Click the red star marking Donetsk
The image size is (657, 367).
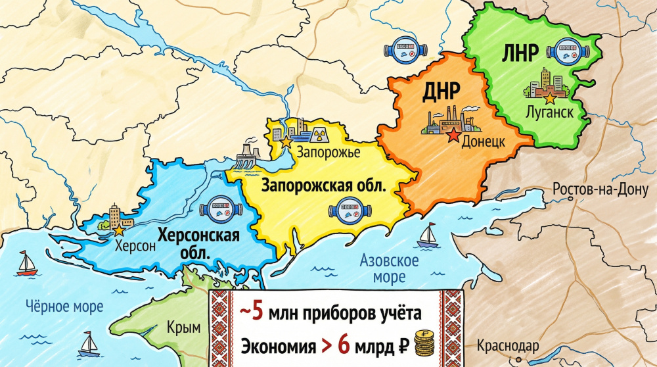(453, 136)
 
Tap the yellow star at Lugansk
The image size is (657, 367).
(550, 97)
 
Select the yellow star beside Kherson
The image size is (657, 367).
(119, 230)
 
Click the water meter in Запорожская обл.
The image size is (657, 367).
(346, 212)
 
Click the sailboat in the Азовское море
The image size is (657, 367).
(429, 233)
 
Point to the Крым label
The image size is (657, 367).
(184, 327)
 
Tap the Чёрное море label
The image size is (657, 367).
(64, 306)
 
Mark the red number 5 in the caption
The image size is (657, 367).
(258, 312)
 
